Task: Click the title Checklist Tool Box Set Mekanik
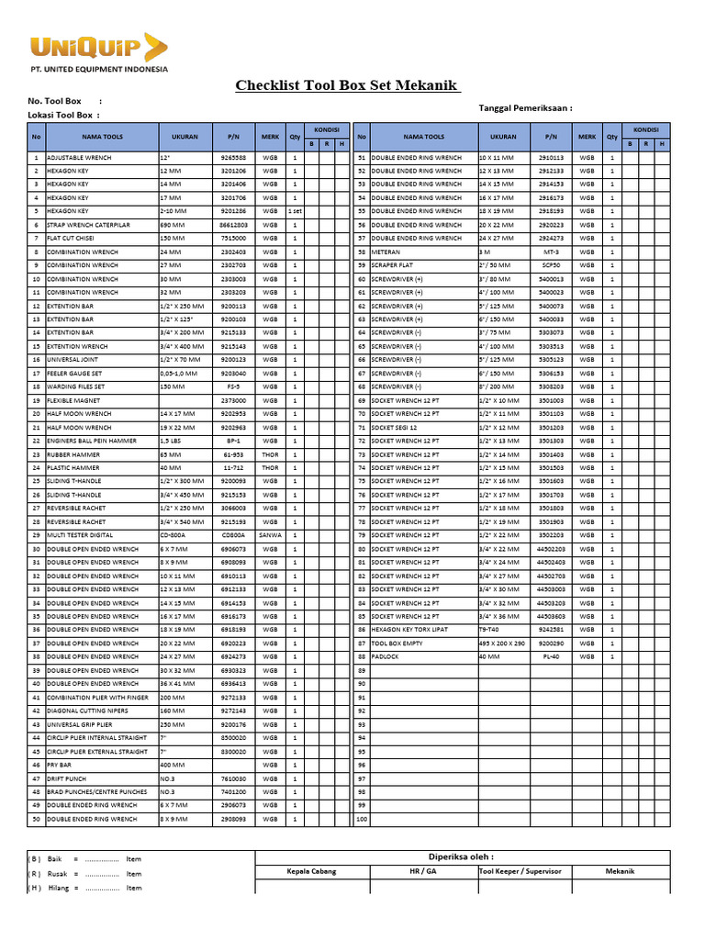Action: pyautogui.click(x=347, y=86)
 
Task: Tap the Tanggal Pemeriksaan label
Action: pyautogui.click(x=525, y=107)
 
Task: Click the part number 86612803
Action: pyautogui.click(x=233, y=225)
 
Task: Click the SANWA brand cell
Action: pyautogui.click(x=270, y=535)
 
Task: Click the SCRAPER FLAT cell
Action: pyautogui.click(x=394, y=265)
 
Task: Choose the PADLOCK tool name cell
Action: pyautogui.click(x=386, y=657)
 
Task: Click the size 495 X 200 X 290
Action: pyautogui.click(x=502, y=643)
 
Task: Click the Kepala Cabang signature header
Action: pyautogui.click(x=311, y=871)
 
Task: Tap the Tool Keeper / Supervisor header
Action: pyautogui.click(x=520, y=871)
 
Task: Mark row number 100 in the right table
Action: pyautogui.click(x=362, y=819)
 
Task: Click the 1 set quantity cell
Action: pyautogui.click(x=295, y=211)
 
